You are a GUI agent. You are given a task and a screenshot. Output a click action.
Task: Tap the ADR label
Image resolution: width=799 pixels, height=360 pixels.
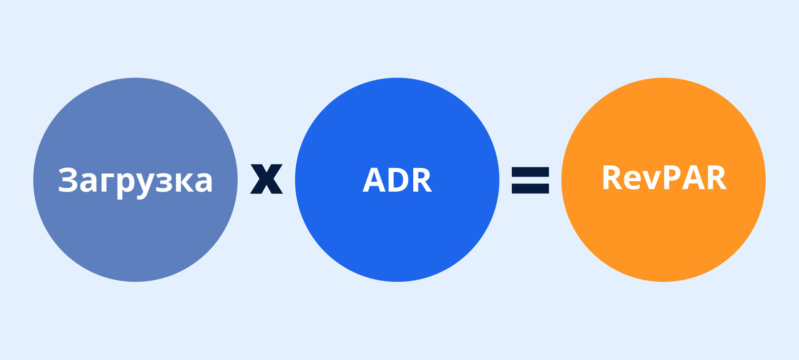point(398,180)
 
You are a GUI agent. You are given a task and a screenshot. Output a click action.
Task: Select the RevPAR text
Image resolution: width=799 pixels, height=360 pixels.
point(664,177)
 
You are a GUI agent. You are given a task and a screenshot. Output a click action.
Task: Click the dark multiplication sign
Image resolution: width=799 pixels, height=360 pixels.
point(266,179)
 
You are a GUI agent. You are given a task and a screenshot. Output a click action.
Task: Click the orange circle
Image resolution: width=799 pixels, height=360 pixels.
point(663,180)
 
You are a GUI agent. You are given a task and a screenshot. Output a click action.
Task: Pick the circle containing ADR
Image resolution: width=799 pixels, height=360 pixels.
point(397,180)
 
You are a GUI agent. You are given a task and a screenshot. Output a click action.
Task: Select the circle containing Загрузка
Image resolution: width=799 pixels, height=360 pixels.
point(136,180)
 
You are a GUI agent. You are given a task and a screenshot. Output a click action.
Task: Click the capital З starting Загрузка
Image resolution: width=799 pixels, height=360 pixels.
point(68,180)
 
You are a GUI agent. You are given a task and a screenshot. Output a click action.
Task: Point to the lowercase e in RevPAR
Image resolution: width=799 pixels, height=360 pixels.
point(632,181)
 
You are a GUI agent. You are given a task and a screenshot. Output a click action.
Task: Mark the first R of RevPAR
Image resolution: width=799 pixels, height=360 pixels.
point(612,177)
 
